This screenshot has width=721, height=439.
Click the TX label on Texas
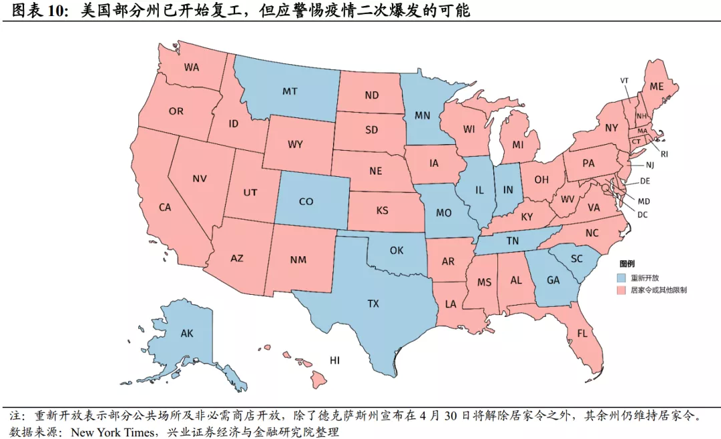373,304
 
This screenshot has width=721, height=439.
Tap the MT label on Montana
289,91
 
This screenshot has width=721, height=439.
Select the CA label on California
165,207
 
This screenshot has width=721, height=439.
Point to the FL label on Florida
582,333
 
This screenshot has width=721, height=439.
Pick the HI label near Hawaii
335,360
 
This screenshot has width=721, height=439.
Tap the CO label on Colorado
306,201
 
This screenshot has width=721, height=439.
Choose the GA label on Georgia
553,280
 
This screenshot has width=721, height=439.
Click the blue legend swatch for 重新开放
622,277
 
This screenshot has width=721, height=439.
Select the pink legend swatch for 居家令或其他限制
622,290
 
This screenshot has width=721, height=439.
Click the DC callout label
642,215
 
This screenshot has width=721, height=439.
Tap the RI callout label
664,153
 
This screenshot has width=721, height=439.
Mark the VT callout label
625,81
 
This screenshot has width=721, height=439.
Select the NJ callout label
649,164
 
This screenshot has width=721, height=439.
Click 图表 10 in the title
34,11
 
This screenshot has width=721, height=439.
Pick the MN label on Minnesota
422,115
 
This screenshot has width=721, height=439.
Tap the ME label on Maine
657,86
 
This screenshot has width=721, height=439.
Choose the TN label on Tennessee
512,241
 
